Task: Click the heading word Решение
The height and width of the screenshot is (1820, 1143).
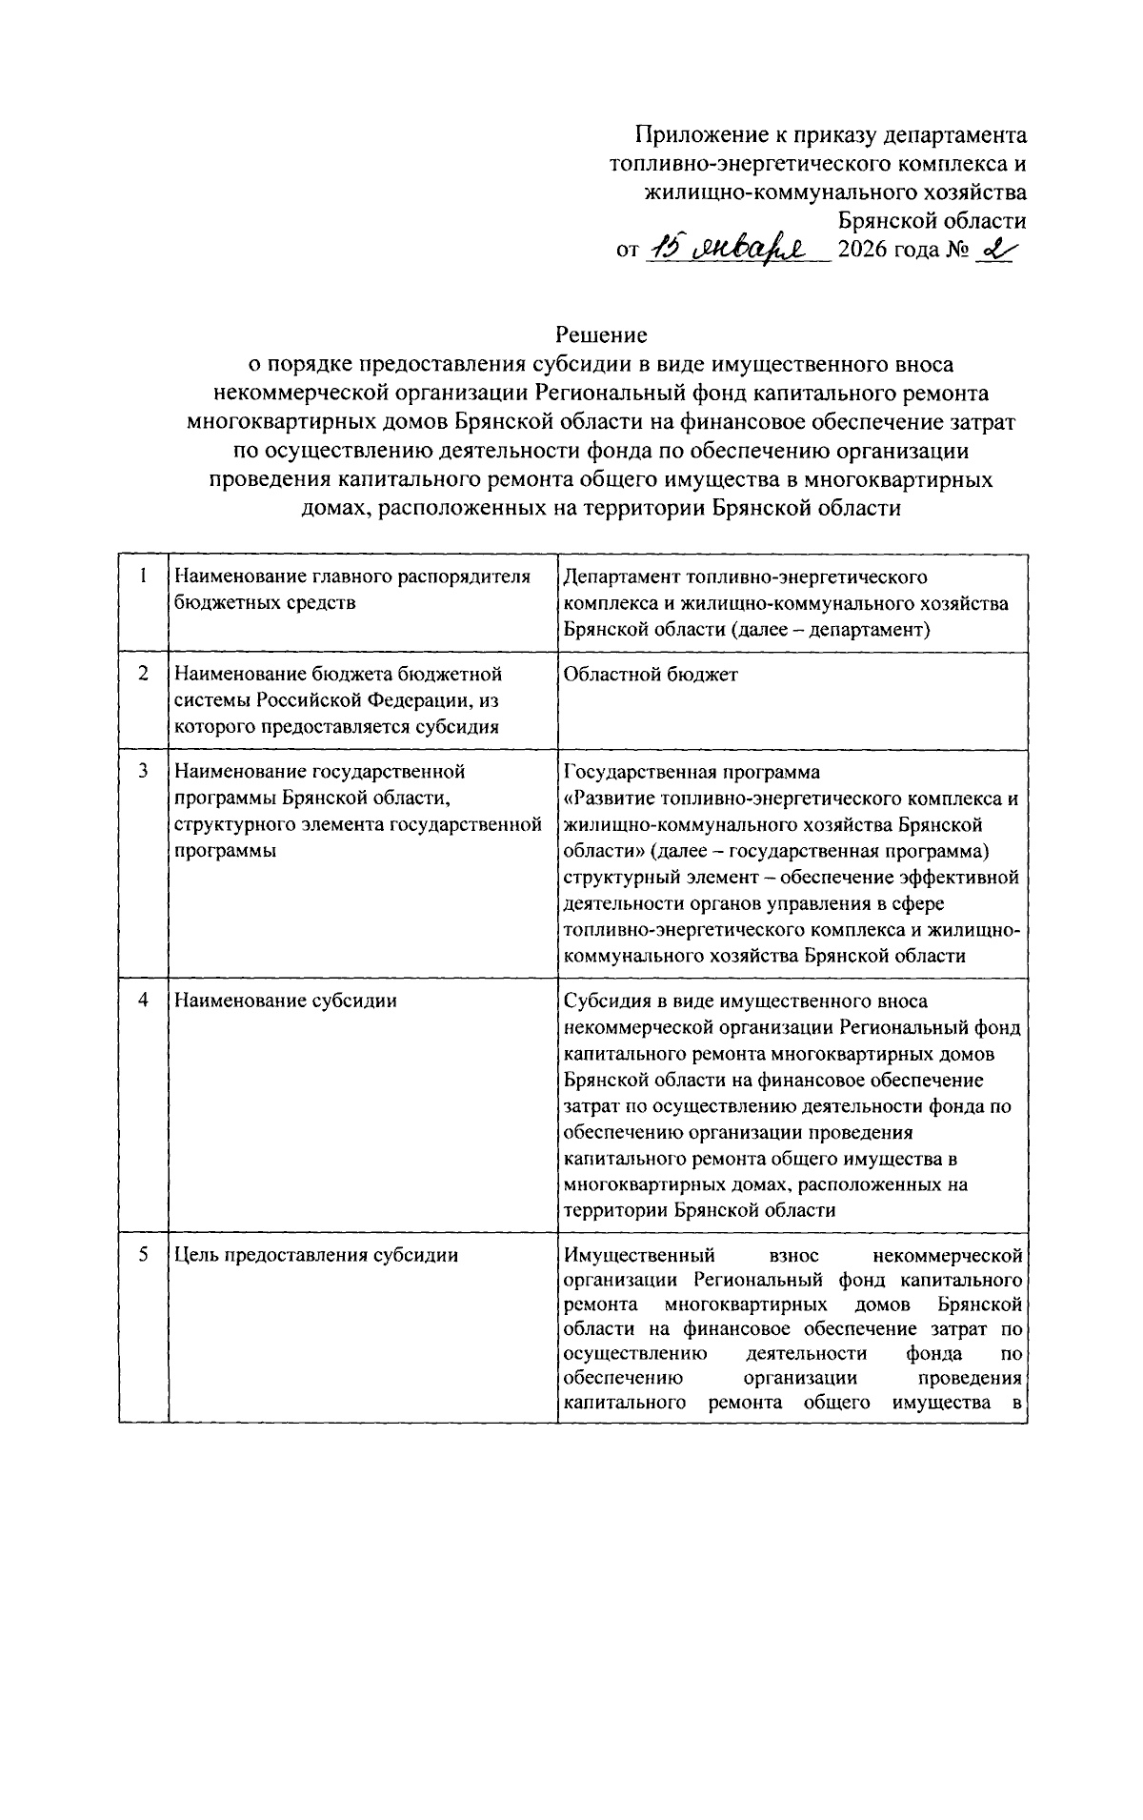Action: click(x=601, y=334)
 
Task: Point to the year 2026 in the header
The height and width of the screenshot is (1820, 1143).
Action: click(x=863, y=252)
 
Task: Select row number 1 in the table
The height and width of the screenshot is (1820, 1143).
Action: click(x=143, y=576)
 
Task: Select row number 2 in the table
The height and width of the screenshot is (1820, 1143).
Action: click(x=143, y=674)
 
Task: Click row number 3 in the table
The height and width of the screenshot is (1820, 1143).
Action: click(x=143, y=771)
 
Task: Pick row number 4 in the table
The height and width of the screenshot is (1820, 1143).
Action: click(x=143, y=1001)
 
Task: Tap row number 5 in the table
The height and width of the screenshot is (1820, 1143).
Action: click(x=143, y=1255)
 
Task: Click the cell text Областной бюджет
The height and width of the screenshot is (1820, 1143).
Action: click(x=650, y=674)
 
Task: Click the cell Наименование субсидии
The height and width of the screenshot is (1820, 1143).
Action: click(x=285, y=1001)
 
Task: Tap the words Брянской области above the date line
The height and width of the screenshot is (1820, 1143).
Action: click(x=932, y=221)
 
